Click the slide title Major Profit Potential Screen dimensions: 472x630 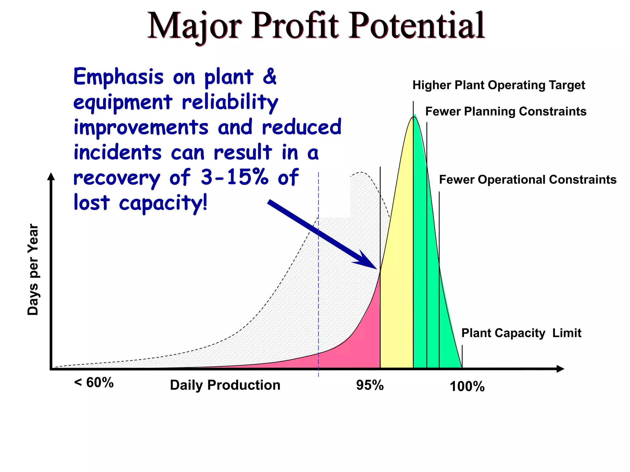point(316,26)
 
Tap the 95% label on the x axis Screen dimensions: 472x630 point(370,385)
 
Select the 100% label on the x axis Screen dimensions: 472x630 point(467,386)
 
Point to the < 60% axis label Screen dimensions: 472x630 point(94,383)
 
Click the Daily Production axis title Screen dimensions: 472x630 point(225,385)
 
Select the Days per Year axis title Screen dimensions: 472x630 point(33,269)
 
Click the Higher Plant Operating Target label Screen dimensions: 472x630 point(498,85)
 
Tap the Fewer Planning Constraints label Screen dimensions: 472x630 point(506,112)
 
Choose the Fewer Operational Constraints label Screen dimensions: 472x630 point(528,180)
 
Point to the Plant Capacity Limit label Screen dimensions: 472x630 point(521,333)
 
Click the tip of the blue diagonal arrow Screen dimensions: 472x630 point(376,268)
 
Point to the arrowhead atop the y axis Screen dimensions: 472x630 point(51,176)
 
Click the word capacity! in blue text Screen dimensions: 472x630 point(163,203)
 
